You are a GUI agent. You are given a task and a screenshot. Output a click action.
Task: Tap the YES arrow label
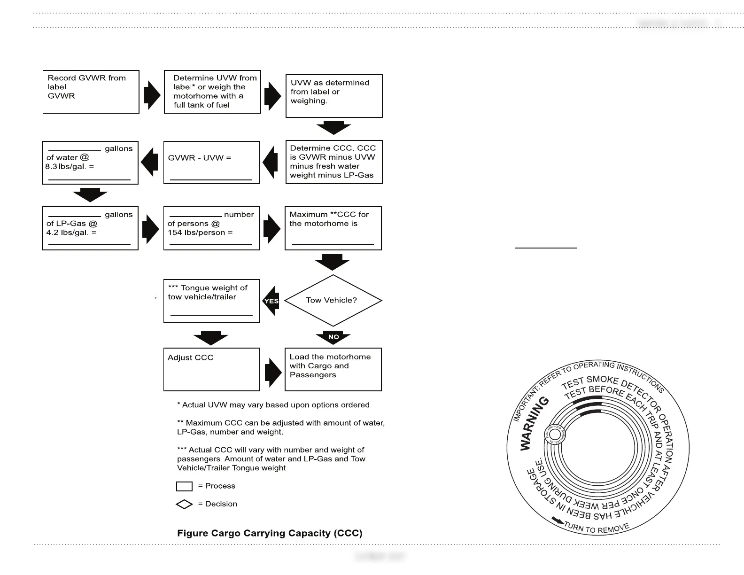[271, 301]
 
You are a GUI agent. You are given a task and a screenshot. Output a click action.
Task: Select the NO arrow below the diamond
[333, 337]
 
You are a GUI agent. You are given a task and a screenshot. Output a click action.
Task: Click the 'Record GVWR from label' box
[91, 92]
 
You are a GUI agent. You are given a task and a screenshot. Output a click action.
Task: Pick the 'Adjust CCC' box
[211, 369]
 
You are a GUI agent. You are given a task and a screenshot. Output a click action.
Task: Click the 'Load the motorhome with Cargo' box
[333, 369]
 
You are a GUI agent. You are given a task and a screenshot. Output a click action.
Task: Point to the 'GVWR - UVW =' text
[200, 158]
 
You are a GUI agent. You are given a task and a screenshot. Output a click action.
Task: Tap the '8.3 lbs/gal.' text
[70, 167]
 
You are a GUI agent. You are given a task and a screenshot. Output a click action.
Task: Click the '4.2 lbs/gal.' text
[71, 233]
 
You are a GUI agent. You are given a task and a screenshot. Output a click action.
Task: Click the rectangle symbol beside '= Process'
[184, 486]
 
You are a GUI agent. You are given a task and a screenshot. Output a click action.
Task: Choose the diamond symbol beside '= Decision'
[184, 504]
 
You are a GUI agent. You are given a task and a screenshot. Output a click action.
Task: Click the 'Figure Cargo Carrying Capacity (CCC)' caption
[270, 533]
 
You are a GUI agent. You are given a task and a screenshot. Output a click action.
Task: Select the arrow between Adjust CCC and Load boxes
[272, 373]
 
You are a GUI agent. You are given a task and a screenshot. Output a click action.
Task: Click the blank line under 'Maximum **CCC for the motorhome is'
[333, 244]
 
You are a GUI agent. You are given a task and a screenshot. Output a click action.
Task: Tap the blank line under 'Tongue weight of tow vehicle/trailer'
[211, 315]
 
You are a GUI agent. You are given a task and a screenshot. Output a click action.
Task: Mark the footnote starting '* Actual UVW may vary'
[274, 405]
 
